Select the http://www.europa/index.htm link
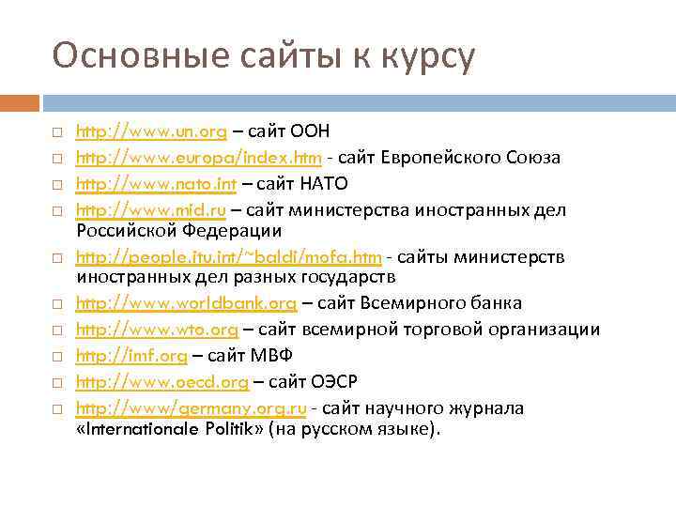199,157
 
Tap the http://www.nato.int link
156,181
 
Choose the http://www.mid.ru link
154,206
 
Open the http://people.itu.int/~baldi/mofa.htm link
228,257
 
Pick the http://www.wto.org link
157,330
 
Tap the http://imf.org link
131,356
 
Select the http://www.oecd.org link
161,381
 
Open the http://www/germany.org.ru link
191,408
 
